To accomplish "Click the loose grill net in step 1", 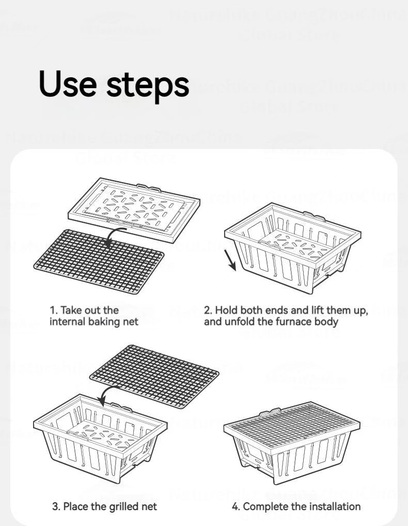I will [x=98, y=261].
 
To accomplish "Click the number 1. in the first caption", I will [x=53, y=310].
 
